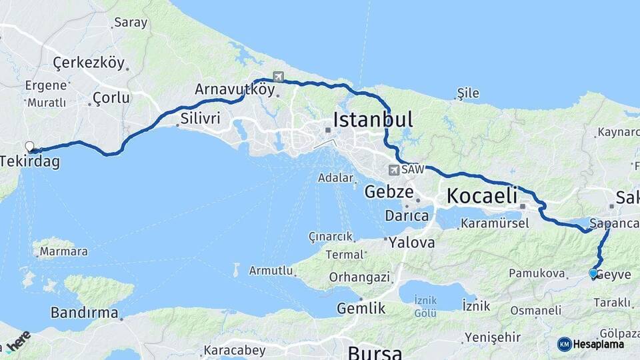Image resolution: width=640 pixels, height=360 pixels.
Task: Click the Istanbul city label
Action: click(373, 120)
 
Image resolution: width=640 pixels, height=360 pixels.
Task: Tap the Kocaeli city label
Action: click(482, 196)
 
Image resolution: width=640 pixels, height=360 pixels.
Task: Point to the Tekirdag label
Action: click(30, 161)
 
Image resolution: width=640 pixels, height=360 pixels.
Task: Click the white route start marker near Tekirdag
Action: click(29, 147)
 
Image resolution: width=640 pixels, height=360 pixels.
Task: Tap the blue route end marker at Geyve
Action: click(593, 273)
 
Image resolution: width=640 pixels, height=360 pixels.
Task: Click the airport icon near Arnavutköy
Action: click(277, 77)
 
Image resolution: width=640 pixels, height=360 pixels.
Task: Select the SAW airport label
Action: click(413, 170)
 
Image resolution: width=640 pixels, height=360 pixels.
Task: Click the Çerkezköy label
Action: click(89, 63)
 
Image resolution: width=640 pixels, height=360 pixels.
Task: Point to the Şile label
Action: click(468, 93)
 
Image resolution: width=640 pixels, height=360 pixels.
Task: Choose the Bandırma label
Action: click(85, 312)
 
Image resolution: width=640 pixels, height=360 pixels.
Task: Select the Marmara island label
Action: click(63, 252)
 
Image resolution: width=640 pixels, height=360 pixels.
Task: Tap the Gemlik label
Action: click(361, 308)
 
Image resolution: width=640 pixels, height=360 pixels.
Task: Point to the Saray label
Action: click(131, 23)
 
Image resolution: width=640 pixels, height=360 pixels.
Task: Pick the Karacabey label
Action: click(234, 350)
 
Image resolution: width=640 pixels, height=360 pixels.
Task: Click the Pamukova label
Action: click(537, 273)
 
